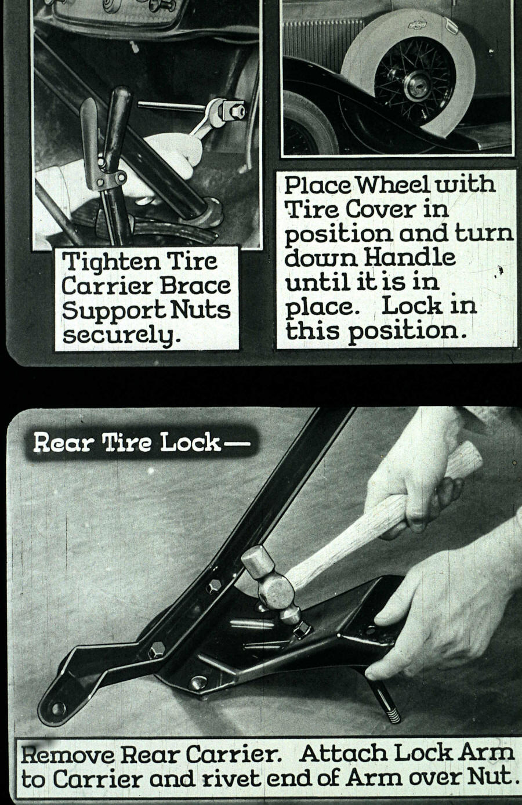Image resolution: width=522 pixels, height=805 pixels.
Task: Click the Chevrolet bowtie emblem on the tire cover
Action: click(418, 24)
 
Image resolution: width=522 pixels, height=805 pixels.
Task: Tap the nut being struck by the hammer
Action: click(303, 629)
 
